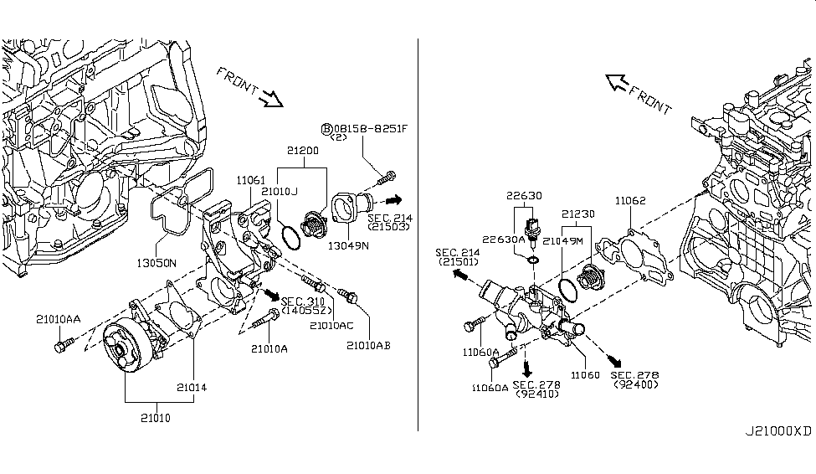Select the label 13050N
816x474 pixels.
tap(156, 262)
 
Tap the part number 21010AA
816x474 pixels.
tap(58, 318)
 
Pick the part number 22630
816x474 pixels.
tap(524, 196)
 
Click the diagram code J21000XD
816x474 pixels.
tap(778, 431)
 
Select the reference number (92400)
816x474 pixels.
tap(635, 384)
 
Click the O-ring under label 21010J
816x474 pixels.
tap(290, 236)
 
